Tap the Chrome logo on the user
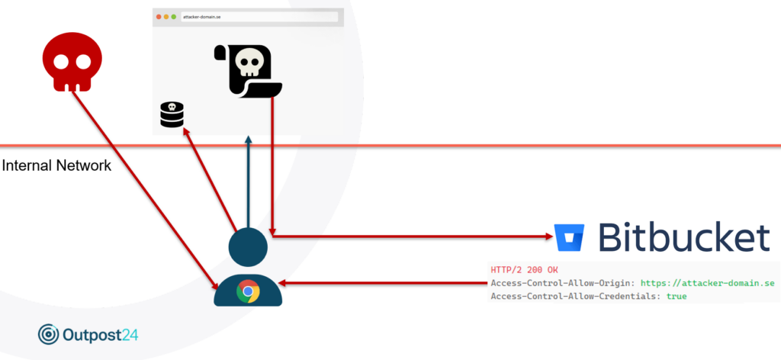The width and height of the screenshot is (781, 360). [248, 291]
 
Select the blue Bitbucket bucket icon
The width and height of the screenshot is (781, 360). [570, 238]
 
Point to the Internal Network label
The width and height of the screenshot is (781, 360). [56, 166]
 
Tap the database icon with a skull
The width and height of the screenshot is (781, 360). [172, 114]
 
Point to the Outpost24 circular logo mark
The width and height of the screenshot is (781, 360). [48, 335]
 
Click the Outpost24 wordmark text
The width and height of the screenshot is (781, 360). [101, 335]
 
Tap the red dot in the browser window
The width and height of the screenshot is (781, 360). [159, 17]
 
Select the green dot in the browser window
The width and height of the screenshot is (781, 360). [173, 17]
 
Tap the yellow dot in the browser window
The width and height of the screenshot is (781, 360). [166, 17]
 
